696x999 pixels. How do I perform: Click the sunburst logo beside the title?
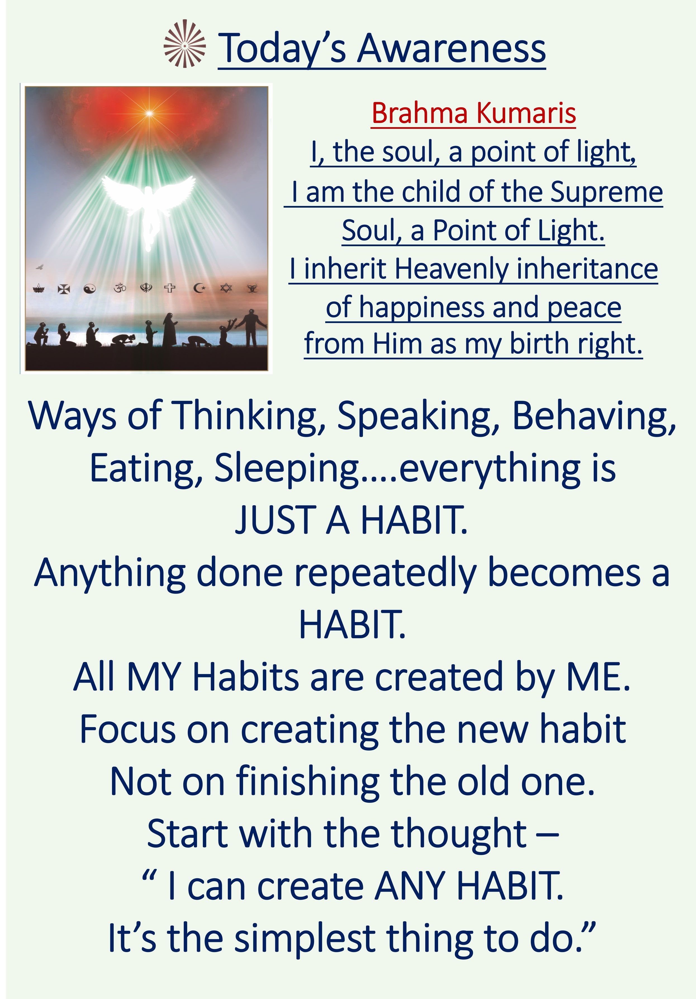184,44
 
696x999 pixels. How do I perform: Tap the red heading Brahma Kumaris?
474,113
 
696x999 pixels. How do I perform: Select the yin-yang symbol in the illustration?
90,288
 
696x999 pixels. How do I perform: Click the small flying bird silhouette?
40,266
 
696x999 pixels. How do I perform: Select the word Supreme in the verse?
606,192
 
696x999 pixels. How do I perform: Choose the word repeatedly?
385,573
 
